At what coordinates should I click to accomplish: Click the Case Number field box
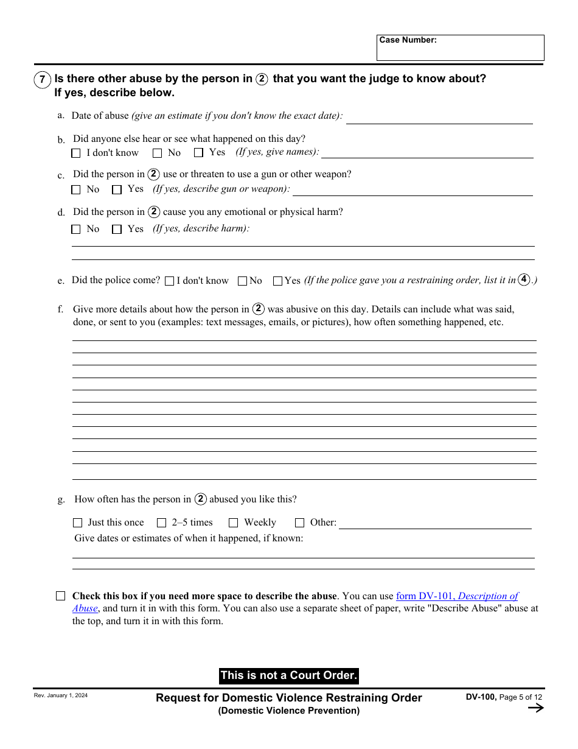[x=460, y=47]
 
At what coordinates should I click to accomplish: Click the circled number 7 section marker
[x=42, y=79]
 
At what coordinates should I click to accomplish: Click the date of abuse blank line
[x=439, y=118]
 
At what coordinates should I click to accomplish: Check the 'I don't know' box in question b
[x=76, y=153]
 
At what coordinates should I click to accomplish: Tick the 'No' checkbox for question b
[x=158, y=153]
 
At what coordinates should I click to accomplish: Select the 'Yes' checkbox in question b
[x=198, y=153]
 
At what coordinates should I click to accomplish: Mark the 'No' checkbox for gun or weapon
[x=76, y=190]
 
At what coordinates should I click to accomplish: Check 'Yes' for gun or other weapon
[x=117, y=190]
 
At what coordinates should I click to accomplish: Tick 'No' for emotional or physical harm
[x=76, y=230]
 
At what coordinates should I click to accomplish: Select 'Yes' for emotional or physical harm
[x=117, y=230]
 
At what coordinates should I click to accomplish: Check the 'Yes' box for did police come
[x=277, y=281]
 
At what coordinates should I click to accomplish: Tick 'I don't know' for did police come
[x=169, y=281]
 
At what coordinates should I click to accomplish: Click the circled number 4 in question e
[x=524, y=280]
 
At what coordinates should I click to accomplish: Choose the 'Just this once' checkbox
[x=77, y=523]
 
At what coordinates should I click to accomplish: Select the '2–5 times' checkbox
[x=161, y=523]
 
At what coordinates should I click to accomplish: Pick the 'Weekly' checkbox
[x=233, y=523]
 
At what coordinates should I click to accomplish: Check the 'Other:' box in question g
[x=299, y=523]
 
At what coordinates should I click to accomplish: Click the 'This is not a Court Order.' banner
[x=288, y=675]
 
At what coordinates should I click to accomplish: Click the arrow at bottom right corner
[x=535, y=708]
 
